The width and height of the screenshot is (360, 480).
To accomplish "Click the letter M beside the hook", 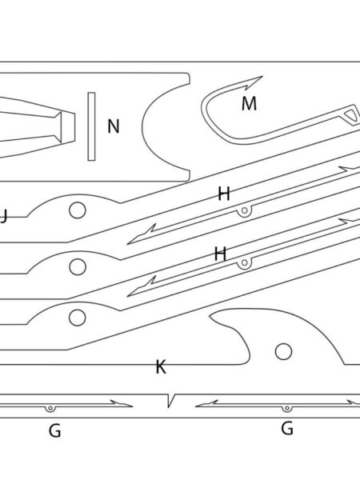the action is (249, 103).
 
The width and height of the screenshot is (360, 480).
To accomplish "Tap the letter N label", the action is (114, 126).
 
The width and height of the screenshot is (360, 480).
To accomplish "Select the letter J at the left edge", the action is (4, 217).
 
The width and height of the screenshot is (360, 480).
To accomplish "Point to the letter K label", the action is (161, 366).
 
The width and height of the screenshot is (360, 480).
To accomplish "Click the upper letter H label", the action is (224, 194).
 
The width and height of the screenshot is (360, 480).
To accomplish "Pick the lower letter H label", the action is (220, 254).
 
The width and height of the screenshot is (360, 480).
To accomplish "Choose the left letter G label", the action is (54, 431).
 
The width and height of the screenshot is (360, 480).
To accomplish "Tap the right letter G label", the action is (287, 428).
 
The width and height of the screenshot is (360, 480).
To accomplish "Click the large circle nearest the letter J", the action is (77, 210).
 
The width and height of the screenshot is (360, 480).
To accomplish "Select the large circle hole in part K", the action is (283, 351).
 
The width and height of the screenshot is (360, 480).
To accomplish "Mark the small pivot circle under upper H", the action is (244, 210).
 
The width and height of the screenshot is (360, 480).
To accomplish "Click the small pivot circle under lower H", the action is (244, 262).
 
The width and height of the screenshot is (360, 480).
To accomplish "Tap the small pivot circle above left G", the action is (50, 408).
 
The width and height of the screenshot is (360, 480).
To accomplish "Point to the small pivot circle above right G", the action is (286, 408).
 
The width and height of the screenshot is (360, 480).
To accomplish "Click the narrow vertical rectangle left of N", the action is (91, 126).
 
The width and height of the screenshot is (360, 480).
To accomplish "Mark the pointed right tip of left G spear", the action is (132, 406).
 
